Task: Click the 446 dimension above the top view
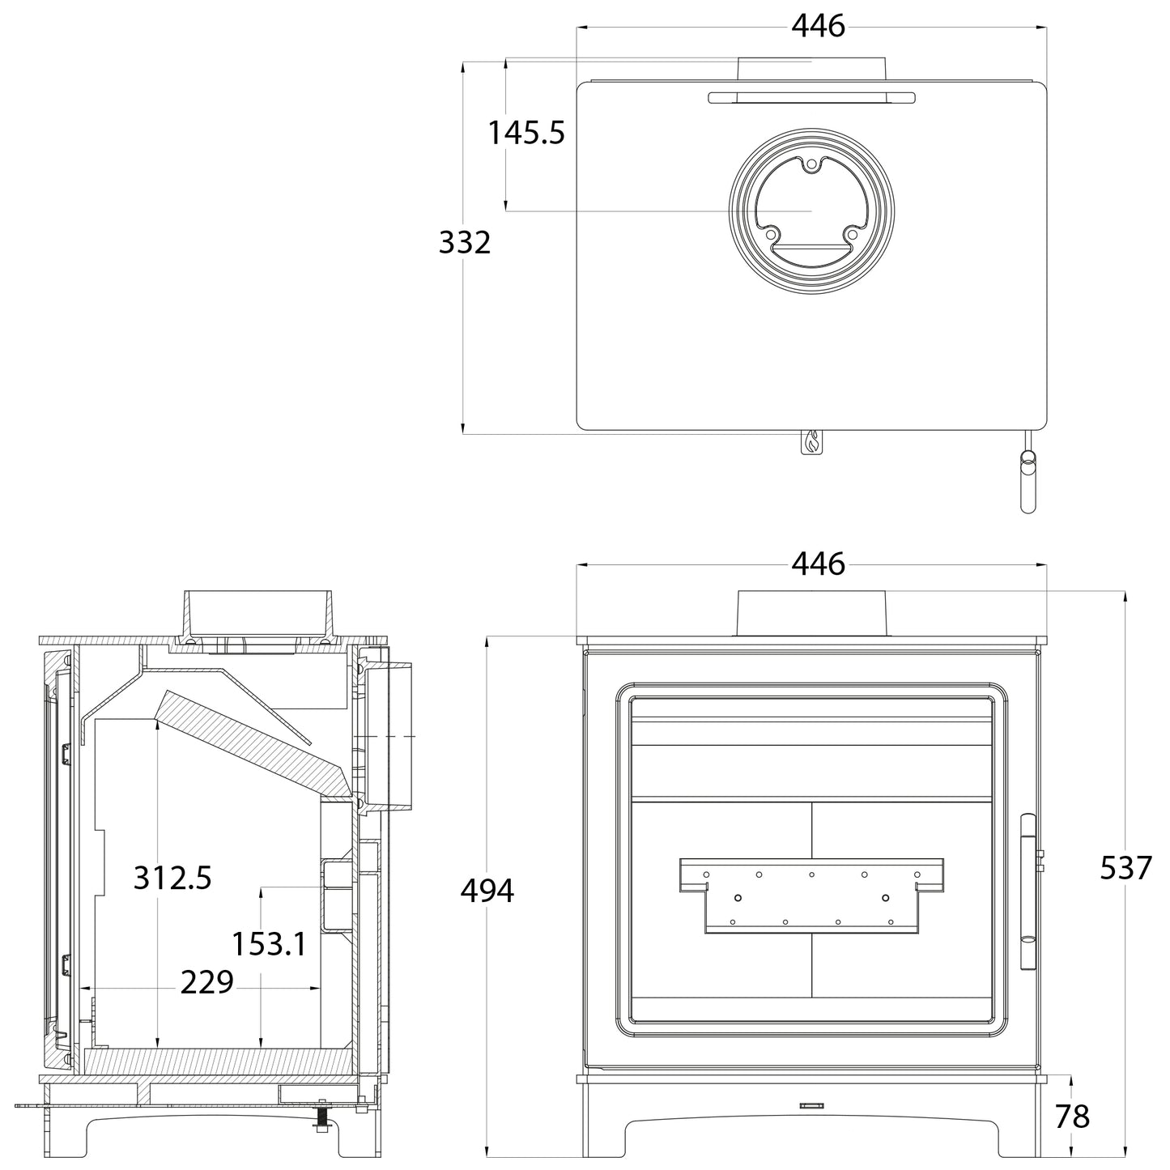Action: pos(818,26)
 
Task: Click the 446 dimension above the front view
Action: pos(818,564)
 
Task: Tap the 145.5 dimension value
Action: pos(526,132)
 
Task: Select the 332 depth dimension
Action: pos(465,242)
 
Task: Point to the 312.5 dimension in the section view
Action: pos(172,878)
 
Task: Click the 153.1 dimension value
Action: pos(270,944)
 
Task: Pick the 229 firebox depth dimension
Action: pos(207,982)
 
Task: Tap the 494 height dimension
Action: pos(487,891)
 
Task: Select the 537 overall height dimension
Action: pos(1125,868)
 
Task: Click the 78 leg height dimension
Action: pos(1072,1116)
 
